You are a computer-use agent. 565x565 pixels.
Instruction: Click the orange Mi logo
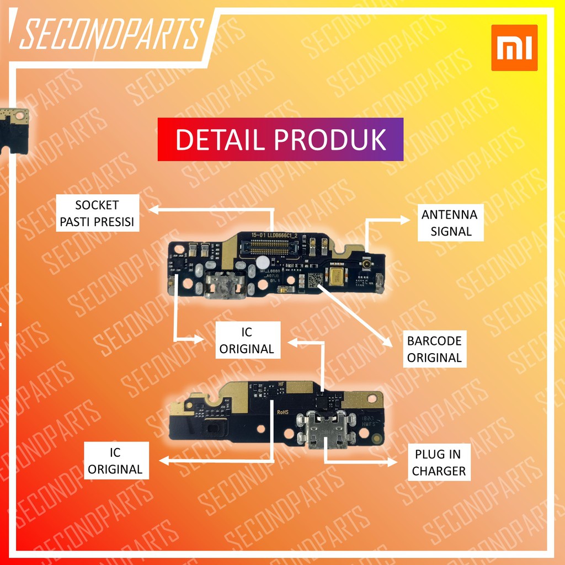tap(514, 47)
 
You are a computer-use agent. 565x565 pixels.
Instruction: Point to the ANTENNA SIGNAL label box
tap(449, 223)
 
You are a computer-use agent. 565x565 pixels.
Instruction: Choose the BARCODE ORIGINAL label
tap(434, 349)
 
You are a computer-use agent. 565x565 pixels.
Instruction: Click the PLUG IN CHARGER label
tap(439, 462)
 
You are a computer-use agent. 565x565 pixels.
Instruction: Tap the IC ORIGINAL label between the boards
tap(247, 340)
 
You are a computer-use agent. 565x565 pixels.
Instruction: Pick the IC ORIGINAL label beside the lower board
tap(115, 461)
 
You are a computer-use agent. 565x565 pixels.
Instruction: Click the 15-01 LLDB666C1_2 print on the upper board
tap(274, 235)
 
